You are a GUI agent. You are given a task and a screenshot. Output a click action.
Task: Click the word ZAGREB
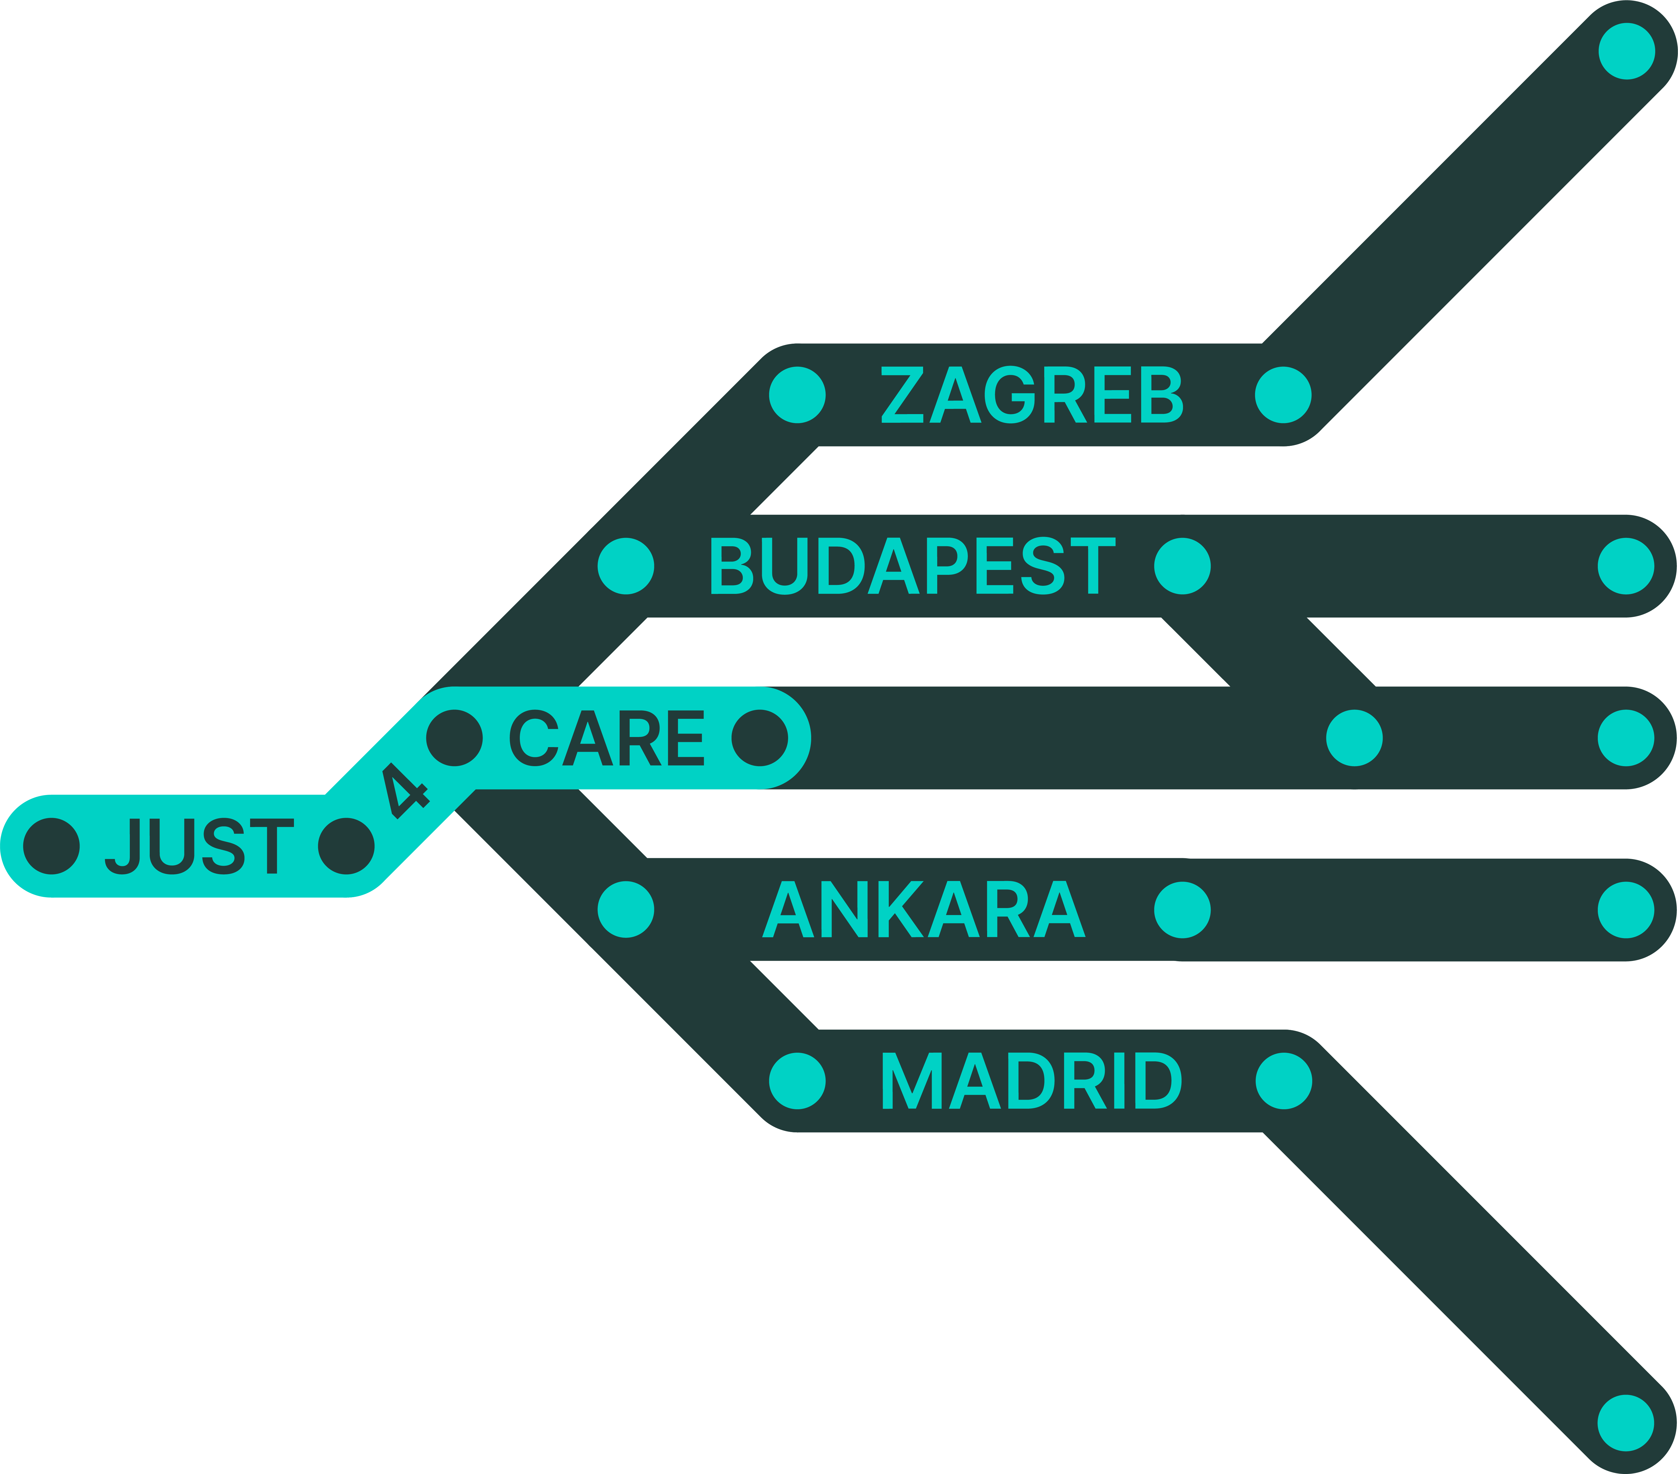(1031, 395)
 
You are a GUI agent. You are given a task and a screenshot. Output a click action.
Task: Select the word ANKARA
(924, 909)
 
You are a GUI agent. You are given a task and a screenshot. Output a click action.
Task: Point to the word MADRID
(1031, 1081)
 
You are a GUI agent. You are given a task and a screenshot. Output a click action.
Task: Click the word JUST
(200, 846)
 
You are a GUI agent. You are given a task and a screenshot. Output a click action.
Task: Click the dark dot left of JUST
(52, 846)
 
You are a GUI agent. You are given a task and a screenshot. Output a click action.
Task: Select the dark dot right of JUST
(346, 846)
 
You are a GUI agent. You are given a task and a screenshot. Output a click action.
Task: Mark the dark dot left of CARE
(454, 737)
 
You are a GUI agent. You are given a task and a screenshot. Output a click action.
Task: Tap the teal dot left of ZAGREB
(797, 395)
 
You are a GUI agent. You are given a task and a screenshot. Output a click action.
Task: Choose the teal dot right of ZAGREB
(1283, 395)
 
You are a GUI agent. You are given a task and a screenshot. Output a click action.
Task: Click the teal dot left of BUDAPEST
(626, 566)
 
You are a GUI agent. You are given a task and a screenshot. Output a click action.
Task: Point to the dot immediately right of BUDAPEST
(1182, 566)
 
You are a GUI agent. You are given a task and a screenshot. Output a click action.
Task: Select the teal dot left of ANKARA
(626, 909)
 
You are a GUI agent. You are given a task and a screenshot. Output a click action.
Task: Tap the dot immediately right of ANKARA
(1182, 909)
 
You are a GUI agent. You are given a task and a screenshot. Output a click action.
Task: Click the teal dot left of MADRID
(797, 1081)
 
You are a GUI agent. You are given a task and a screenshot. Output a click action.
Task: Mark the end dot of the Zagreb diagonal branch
(1626, 51)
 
